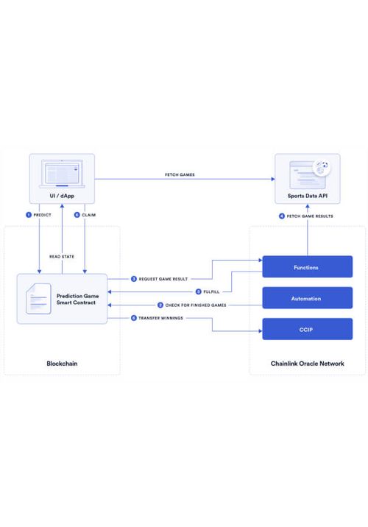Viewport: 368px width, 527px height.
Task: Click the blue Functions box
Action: [x=307, y=267]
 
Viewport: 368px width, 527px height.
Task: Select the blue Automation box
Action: [x=307, y=298]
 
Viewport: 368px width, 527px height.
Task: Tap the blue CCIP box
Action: [x=307, y=329]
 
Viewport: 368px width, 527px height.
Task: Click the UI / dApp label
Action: [x=62, y=196]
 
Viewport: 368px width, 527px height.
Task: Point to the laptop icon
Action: [x=62, y=174]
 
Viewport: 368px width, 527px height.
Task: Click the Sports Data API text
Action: [x=307, y=196]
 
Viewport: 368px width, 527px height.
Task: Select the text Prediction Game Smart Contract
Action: [x=77, y=299]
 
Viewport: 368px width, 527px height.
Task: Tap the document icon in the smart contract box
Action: [x=38, y=299]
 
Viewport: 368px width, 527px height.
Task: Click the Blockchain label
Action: [x=62, y=364]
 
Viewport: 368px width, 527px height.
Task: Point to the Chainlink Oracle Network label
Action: [x=307, y=364]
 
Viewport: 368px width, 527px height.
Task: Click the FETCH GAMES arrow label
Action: [x=180, y=174]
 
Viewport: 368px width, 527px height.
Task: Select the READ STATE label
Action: [x=62, y=256]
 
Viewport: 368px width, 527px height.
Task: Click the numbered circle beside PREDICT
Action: [x=29, y=215]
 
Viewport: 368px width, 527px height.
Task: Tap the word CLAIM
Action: [x=89, y=215]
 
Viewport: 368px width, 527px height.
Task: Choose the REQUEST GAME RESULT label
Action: [x=163, y=279]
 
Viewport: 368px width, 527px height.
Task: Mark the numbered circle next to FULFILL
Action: [x=198, y=291]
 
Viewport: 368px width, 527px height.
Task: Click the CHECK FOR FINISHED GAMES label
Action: [x=196, y=305]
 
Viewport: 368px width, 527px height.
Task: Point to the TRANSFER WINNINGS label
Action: [x=160, y=318]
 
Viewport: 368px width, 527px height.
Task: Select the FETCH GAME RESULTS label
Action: [x=310, y=216]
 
